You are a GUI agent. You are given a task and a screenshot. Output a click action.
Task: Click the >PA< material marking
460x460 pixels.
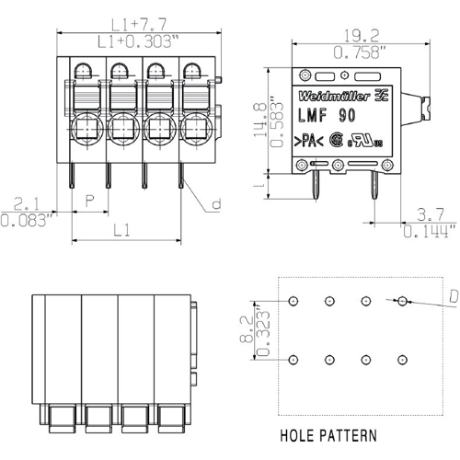[x=309, y=142]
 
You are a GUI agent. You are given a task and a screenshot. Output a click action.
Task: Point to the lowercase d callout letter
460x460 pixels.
[x=215, y=204]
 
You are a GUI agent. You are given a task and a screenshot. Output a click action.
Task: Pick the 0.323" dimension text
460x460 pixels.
[x=261, y=330]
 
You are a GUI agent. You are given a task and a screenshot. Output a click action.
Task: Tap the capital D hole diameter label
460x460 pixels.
[x=453, y=296]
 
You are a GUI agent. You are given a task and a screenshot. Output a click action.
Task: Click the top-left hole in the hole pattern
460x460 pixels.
[x=293, y=302]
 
